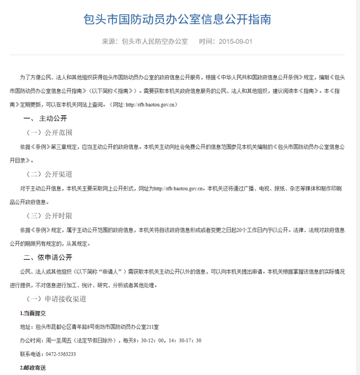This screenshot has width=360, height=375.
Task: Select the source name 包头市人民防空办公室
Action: click(154, 41)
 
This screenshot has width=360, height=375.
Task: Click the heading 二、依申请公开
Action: click(47, 257)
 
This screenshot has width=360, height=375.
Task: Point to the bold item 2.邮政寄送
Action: click(34, 367)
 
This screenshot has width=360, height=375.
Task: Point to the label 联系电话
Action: click(29, 353)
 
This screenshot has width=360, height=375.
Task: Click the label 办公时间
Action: click(29, 340)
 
